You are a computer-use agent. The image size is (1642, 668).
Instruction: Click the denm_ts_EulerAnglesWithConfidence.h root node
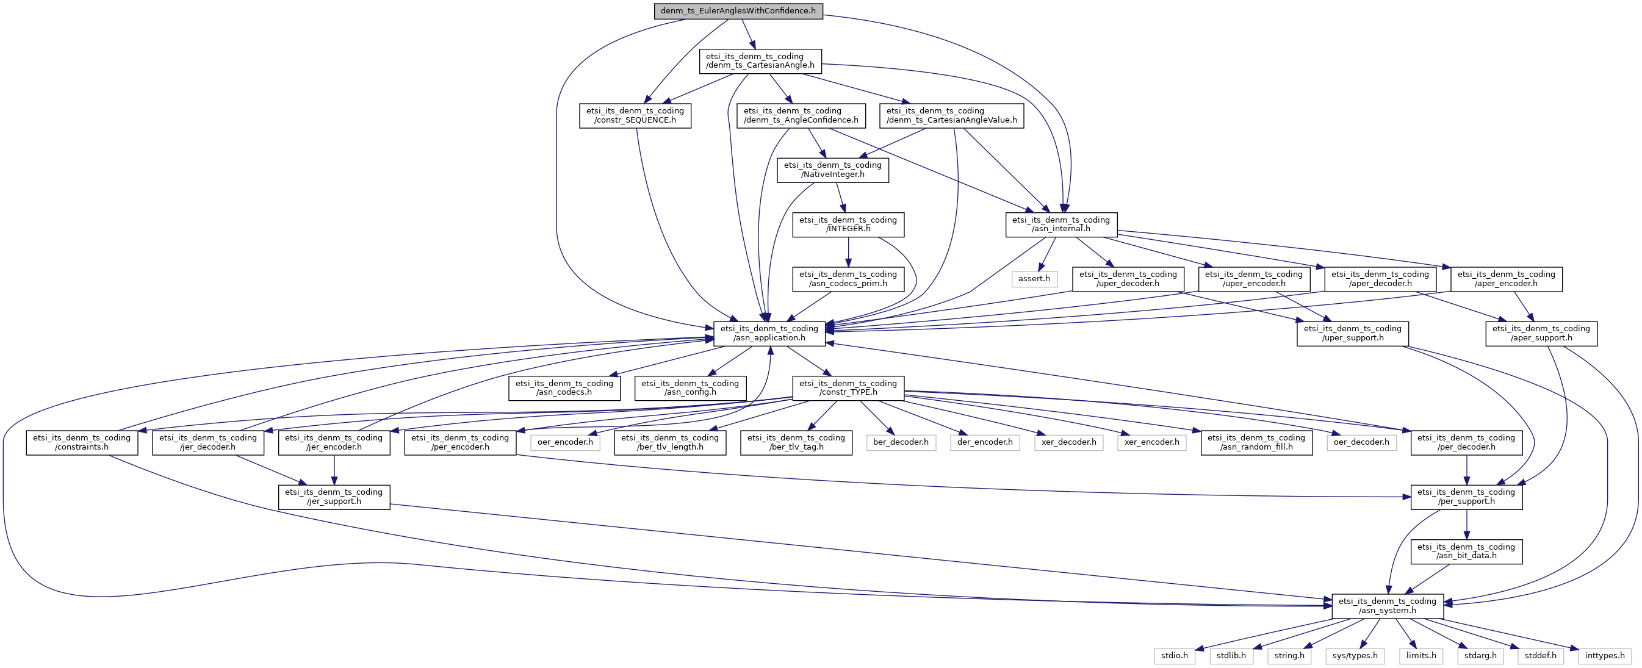(738, 11)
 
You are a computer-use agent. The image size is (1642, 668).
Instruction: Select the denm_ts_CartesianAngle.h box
(760, 60)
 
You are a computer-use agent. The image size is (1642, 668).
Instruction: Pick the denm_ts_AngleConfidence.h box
(801, 115)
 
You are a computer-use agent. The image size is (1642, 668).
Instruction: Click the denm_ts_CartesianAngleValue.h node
(951, 115)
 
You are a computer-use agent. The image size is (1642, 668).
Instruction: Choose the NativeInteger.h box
(832, 170)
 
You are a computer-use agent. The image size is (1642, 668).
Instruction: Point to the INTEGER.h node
(848, 224)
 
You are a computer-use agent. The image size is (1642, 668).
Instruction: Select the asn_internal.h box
(1060, 224)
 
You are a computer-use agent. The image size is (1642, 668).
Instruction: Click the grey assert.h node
(1033, 279)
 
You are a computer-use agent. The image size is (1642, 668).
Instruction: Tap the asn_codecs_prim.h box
(848, 279)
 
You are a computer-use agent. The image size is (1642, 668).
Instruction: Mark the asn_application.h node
(769, 333)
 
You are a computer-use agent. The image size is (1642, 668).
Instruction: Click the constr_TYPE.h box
(848, 387)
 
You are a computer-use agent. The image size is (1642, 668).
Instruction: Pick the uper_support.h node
(1352, 333)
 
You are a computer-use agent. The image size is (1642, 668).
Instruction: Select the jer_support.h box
(333, 497)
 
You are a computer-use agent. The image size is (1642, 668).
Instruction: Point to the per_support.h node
(1466, 497)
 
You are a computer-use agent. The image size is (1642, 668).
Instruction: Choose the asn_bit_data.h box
(1466, 551)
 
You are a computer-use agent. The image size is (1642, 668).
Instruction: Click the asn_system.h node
(1387, 606)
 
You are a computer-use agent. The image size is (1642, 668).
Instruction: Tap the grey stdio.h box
(1174, 656)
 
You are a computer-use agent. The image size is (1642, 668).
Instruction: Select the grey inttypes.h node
(1604, 656)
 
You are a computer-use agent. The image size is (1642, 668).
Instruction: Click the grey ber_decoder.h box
(900, 442)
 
